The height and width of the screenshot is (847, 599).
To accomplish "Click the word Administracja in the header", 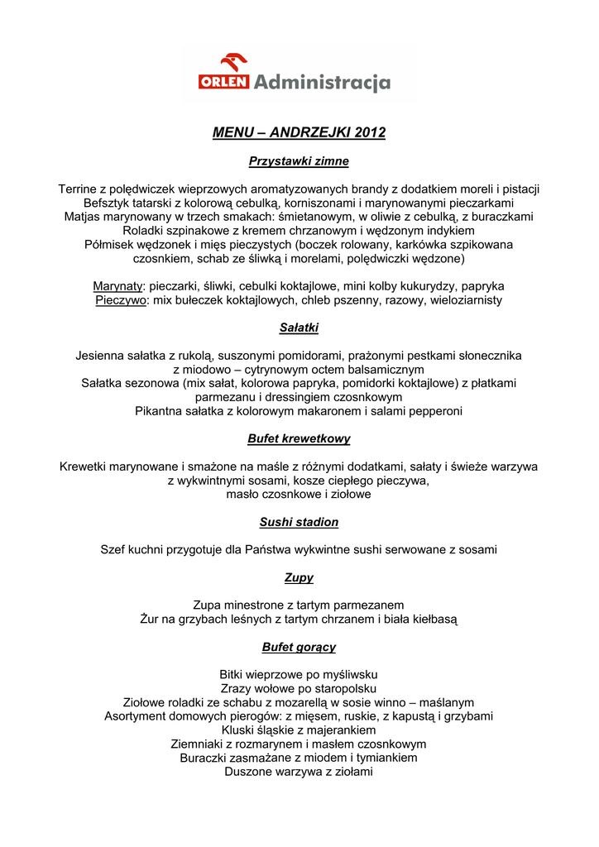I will click(322, 82).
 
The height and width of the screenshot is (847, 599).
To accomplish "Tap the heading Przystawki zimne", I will click(299, 161).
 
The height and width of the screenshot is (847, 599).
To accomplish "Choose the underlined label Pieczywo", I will click(122, 300).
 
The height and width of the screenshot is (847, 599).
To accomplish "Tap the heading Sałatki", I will click(299, 328).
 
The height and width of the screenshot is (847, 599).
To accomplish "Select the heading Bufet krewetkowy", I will click(299, 439).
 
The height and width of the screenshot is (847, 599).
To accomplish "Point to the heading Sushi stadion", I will click(299, 522).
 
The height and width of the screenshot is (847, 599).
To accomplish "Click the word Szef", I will click(113, 549).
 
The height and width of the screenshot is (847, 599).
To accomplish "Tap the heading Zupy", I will click(299, 577).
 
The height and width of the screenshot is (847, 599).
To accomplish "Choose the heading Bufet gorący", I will click(299, 647).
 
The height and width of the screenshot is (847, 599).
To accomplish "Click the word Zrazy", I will click(237, 688).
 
